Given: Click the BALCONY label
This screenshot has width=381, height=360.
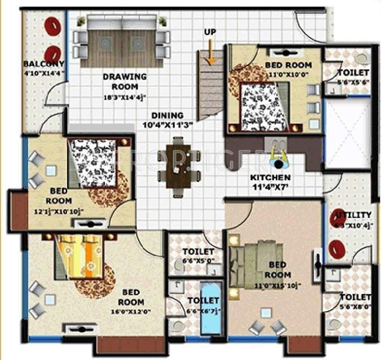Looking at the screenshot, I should [x=44, y=64].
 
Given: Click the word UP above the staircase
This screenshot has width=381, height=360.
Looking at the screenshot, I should [x=209, y=32].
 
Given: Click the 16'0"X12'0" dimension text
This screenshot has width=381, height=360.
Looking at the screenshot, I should [x=131, y=312].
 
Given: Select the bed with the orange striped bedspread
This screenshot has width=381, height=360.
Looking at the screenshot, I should [x=79, y=257].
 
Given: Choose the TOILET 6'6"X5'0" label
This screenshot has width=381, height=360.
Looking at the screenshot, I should [x=198, y=256].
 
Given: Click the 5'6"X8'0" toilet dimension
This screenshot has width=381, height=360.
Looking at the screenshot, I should [x=355, y=306].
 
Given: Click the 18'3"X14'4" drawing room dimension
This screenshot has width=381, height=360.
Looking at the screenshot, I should [x=125, y=98].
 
